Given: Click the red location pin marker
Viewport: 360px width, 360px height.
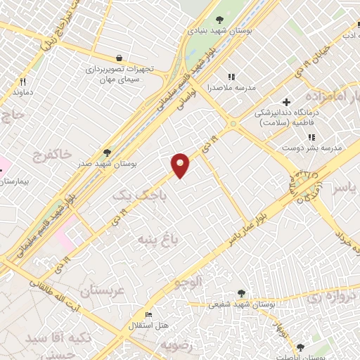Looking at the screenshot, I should coord(181,165).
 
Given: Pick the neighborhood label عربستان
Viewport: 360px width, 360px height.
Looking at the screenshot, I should coord(101,290).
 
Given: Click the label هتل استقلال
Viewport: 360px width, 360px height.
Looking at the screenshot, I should coord(146,326).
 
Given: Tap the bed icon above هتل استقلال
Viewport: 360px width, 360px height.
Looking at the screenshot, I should coord(148,314).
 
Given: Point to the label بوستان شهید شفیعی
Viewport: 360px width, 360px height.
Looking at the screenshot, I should coord(238,304).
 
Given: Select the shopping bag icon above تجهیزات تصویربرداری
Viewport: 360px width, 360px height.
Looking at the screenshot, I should coord(118,58).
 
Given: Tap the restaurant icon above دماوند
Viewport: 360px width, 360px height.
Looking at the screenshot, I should coord(22,81).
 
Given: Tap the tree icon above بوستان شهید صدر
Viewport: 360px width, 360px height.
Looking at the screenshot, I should coord(107,151).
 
